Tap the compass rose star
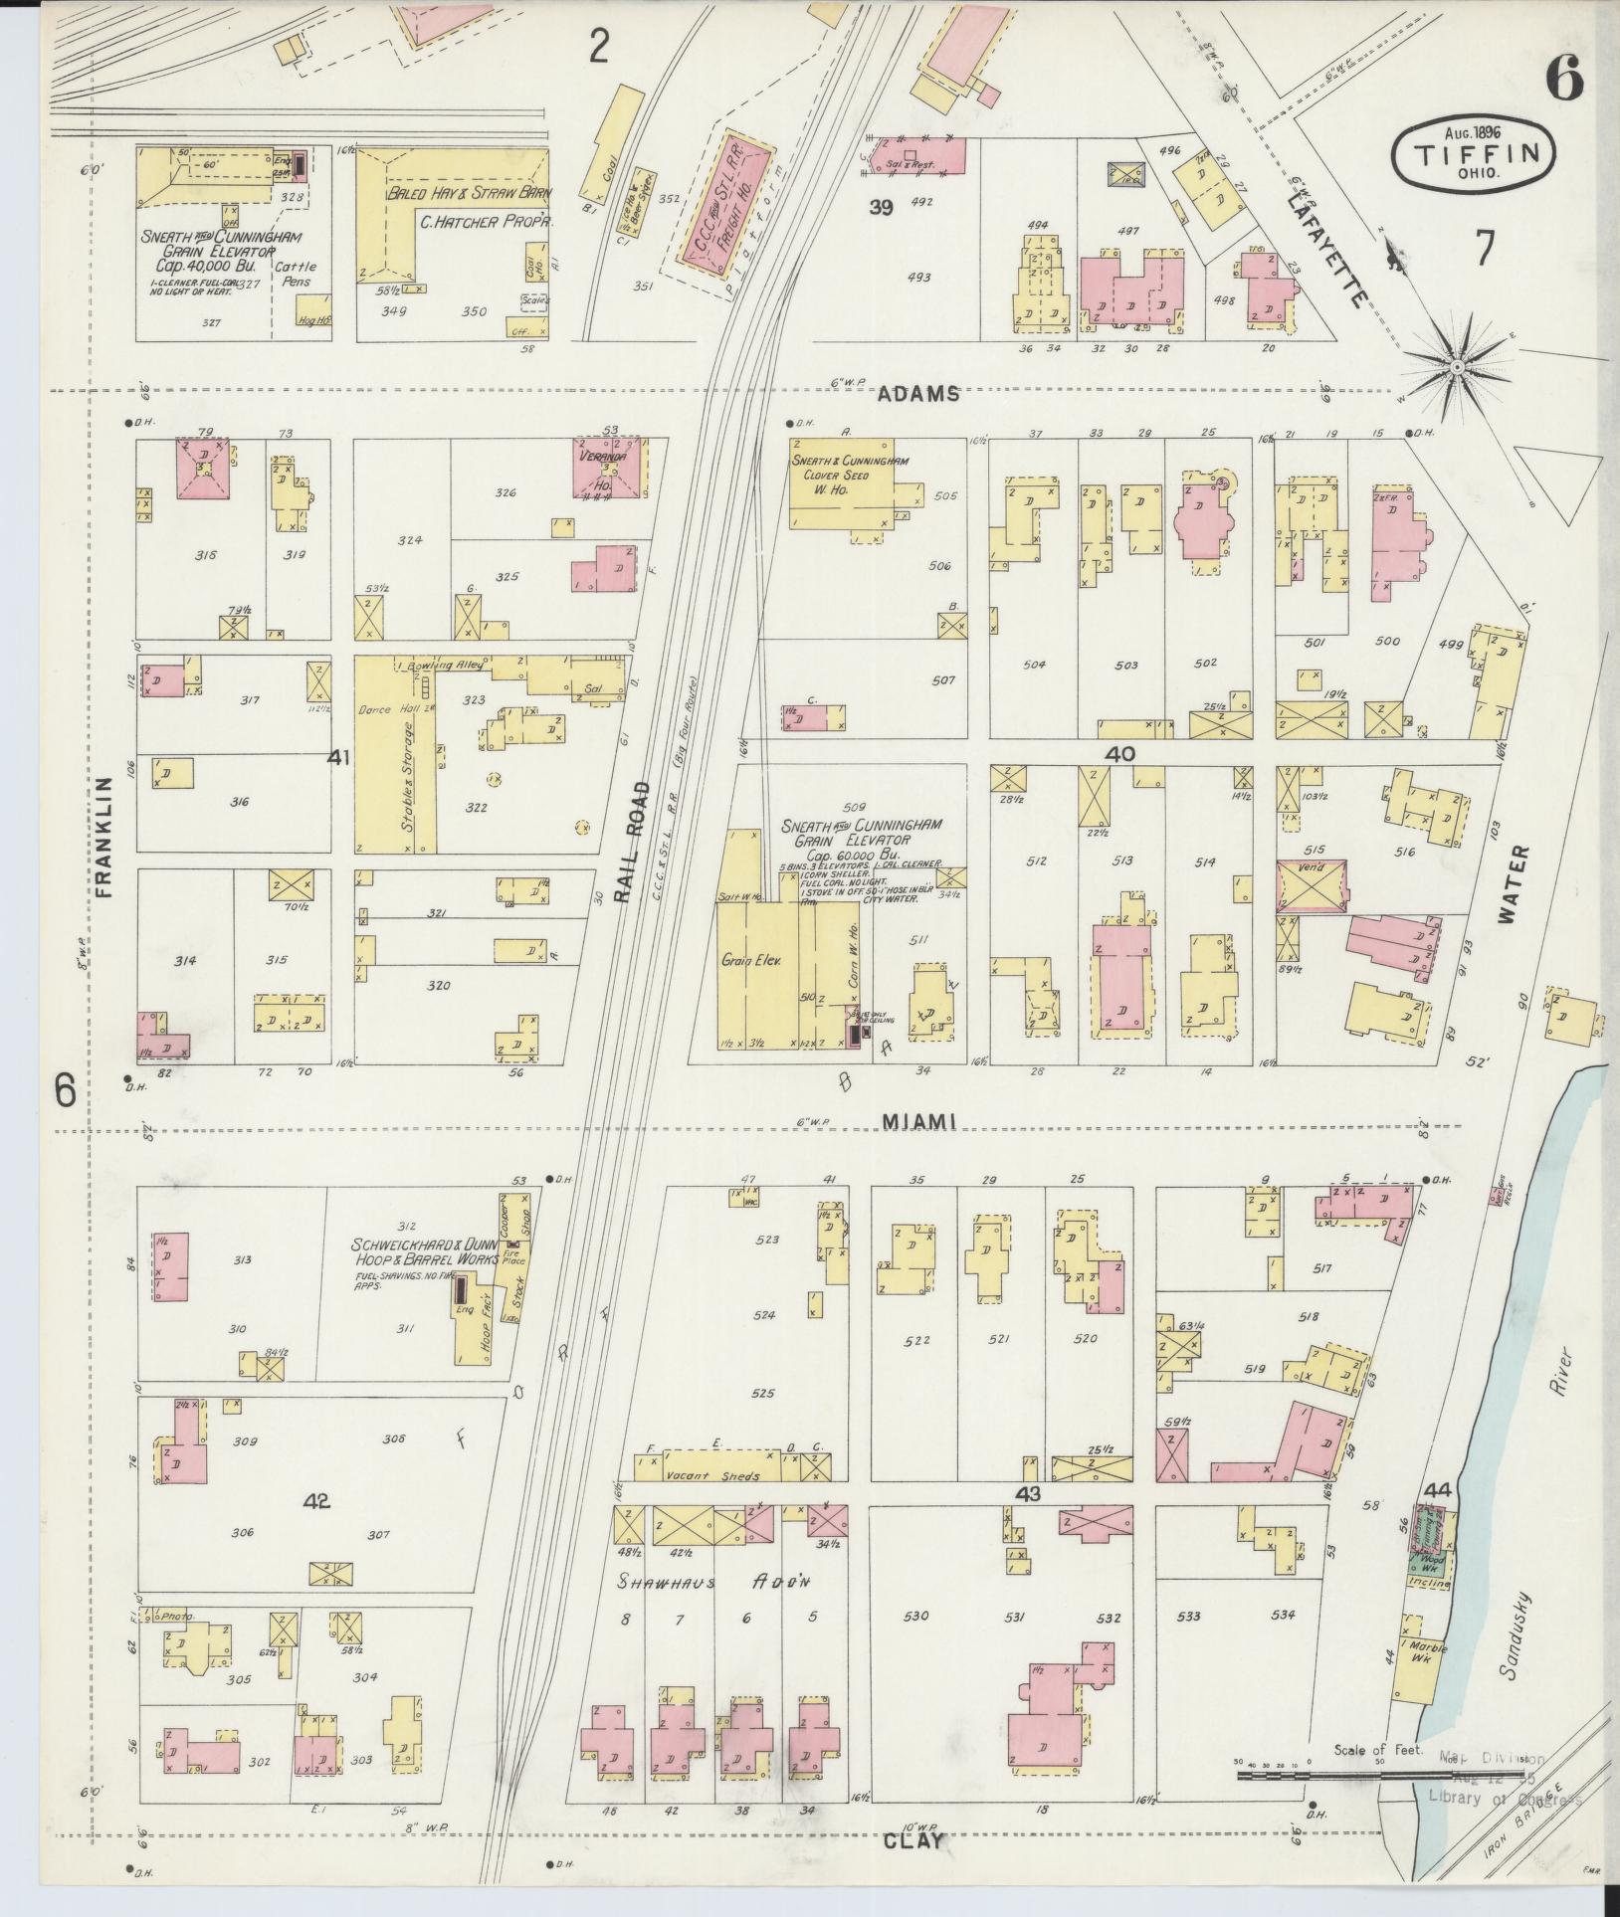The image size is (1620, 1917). click(x=1456, y=368)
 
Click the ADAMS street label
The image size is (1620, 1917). click(x=917, y=393)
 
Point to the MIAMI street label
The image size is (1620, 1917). click(x=918, y=1122)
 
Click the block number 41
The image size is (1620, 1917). click(x=339, y=758)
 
